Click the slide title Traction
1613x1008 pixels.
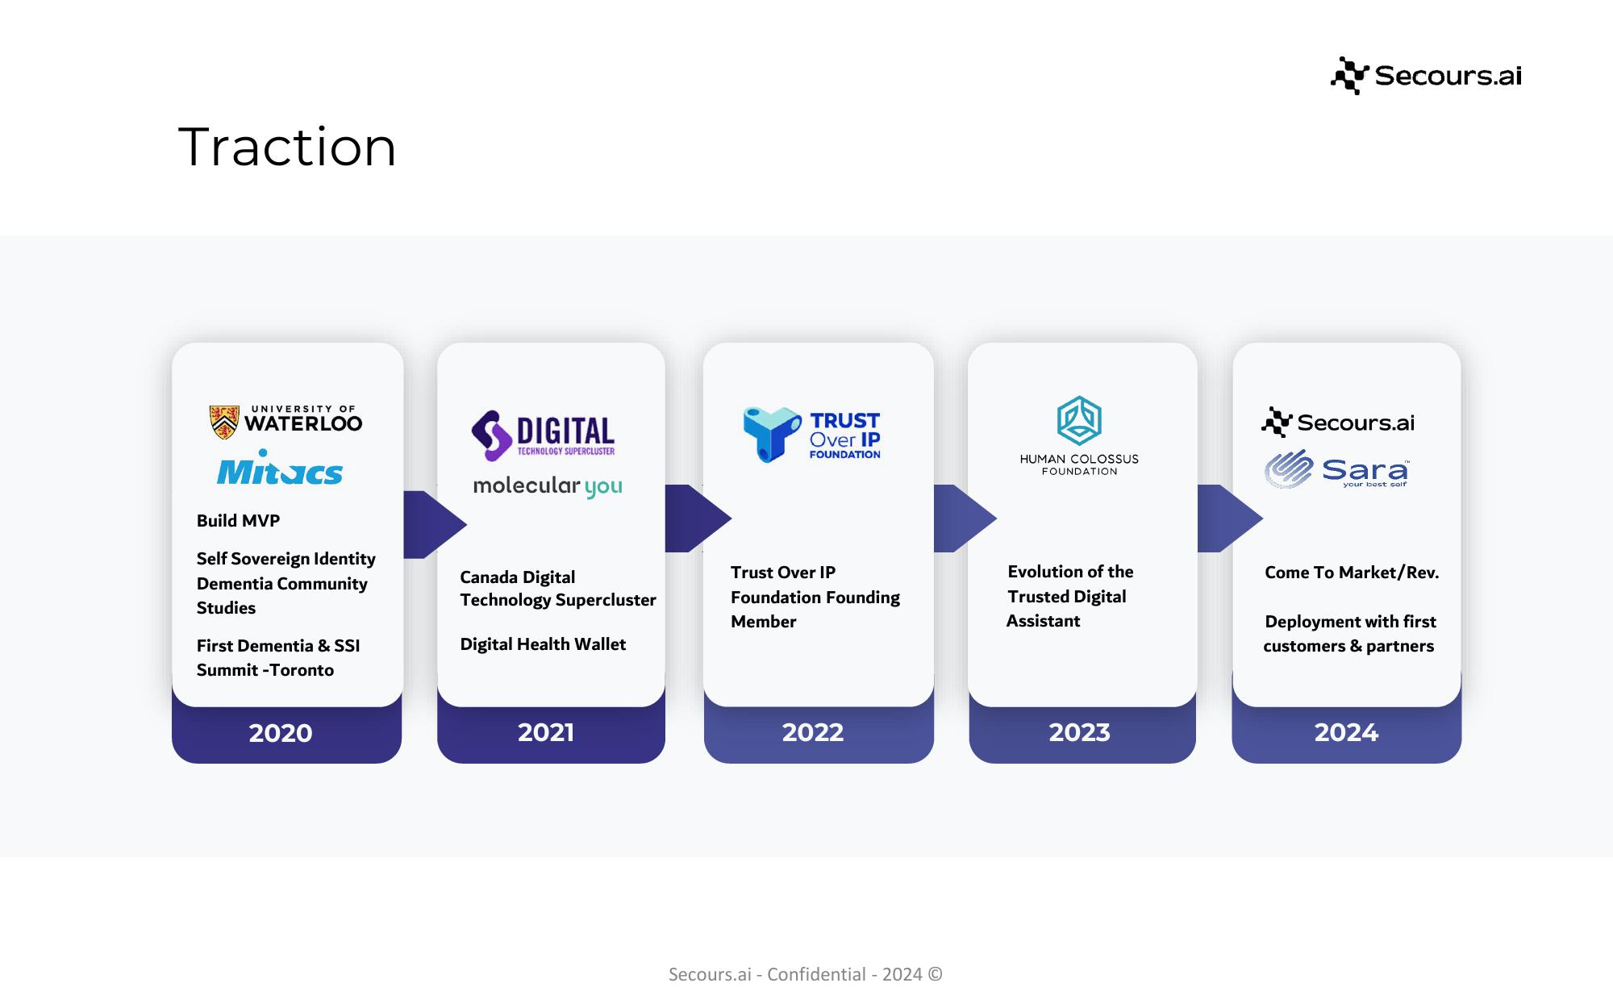pos(287,148)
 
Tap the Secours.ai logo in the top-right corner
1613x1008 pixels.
pos(1426,76)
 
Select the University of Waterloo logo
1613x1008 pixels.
pos(286,421)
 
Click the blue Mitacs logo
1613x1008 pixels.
pos(280,468)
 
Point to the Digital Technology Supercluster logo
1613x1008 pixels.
pos(544,435)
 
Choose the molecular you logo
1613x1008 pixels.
pos(548,486)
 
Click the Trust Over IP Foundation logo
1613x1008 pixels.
pos(811,435)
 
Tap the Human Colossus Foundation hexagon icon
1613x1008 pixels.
pos(1079,420)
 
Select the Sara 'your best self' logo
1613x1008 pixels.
pos(1336,469)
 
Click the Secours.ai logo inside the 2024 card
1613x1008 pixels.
pos(1338,422)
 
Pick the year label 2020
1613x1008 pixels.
pos(280,733)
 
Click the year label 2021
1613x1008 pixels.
pos(546,732)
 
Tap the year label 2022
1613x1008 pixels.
pos(813,732)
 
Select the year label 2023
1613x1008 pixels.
pos(1079,732)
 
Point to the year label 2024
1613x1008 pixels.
pos(1346,732)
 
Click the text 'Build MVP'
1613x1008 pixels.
pos(238,521)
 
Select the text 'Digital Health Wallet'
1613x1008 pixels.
pos(543,644)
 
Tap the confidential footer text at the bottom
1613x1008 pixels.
pos(806,974)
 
